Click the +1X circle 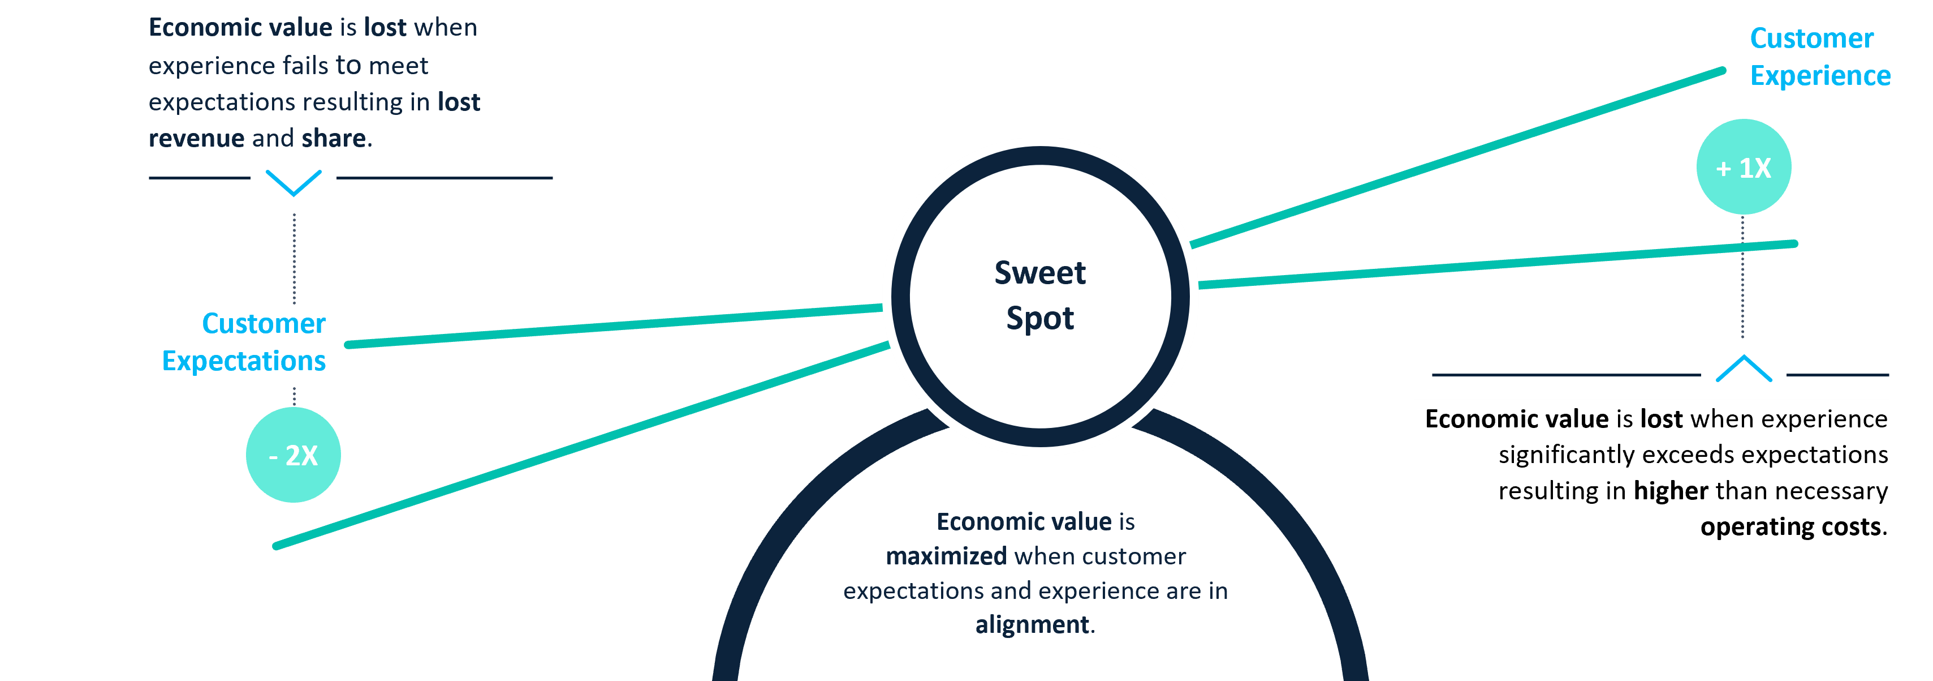(x=1743, y=166)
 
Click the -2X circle (x=294, y=455)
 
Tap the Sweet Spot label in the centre (x=1040, y=295)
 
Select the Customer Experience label (x=1820, y=57)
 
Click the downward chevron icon (x=294, y=182)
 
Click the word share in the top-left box (x=334, y=139)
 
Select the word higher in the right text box (x=1671, y=491)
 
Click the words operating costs (x=1790, y=527)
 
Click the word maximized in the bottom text (x=946, y=556)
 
